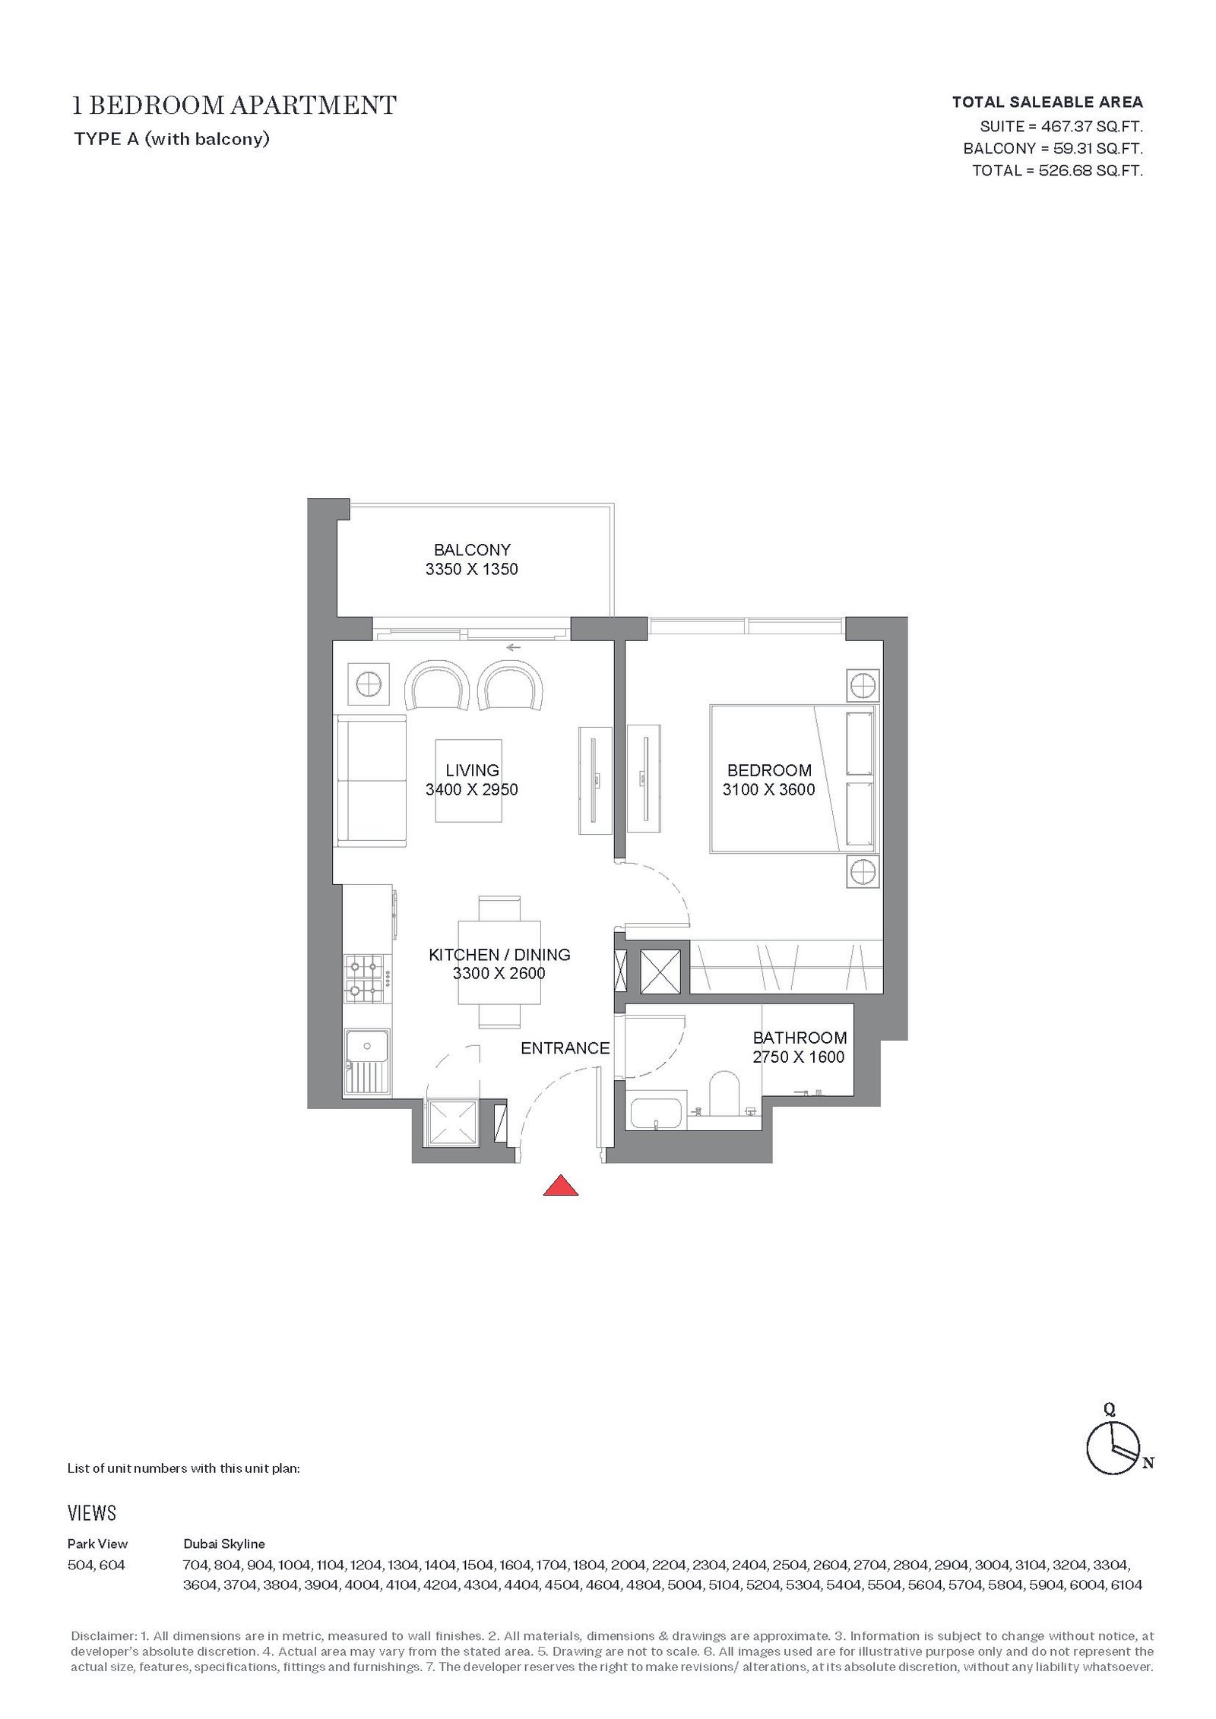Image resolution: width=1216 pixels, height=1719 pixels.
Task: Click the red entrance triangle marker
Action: [x=560, y=1186]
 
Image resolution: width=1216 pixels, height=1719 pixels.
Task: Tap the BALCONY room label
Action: [x=472, y=549]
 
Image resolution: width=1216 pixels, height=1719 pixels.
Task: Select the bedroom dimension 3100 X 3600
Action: [x=768, y=789]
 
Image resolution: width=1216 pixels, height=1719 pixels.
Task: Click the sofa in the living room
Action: [x=371, y=779]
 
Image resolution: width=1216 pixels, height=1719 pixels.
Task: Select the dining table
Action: [x=499, y=962]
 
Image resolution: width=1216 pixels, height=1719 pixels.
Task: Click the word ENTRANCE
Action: [x=565, y=1048]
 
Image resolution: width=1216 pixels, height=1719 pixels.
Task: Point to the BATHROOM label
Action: [x=800, y=1038]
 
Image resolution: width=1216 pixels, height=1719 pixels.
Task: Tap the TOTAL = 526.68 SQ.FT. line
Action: [x=1057, y=170]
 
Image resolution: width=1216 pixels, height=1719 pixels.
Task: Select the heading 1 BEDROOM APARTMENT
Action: [x=234, y=105]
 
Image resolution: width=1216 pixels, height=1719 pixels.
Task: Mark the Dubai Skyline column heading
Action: [x=224, y=1544]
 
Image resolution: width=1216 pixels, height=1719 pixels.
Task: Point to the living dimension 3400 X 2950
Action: [x=472, y=789]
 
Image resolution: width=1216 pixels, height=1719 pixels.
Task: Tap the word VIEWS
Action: [x=92, y=1512]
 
